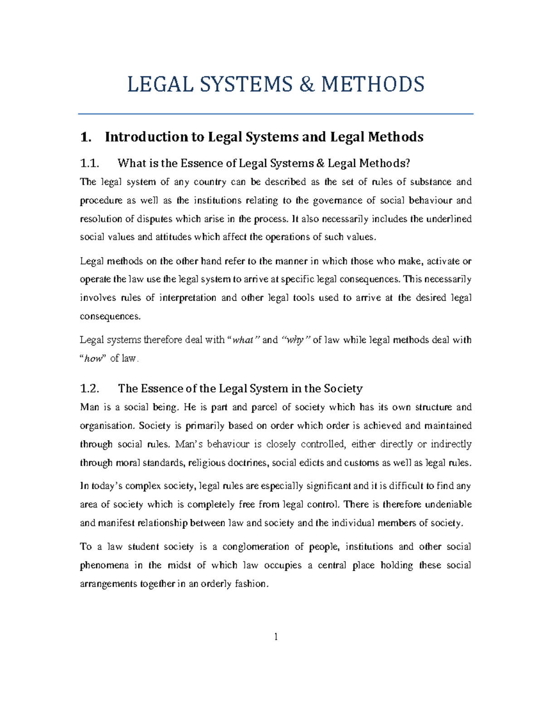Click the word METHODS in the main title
pyautogui.click(x=373, y=85)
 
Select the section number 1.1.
pyautogui.click(x=89, y=163)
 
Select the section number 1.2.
pyautogui.click(x=89, y=388)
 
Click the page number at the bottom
pyautogui.click(x=276, y=637)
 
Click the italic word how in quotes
pyautogui.click(x=94, y=359)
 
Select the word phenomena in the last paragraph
pyautogui.click(x=104, y=565)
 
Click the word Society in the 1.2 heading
pyautogui.click(x=343, y=388)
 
